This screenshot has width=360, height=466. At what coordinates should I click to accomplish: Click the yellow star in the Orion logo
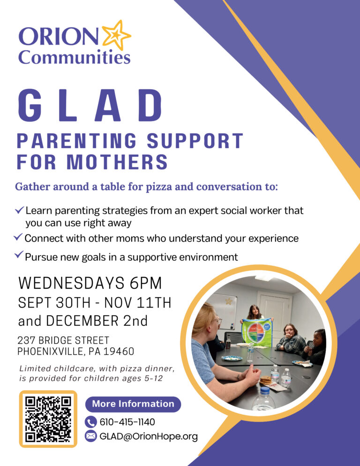tap(116, 35)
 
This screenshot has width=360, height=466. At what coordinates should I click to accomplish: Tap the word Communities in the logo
tap(75, 57)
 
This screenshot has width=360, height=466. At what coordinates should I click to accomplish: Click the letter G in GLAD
tap(30, 105)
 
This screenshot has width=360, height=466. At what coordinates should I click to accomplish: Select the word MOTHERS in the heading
tap(117, 162)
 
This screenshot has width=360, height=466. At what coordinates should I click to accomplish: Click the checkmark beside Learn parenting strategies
tap(19, 210)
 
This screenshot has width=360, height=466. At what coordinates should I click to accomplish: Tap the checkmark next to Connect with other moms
tap(18, 237)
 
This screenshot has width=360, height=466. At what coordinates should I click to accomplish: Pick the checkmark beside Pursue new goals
tap(19, 255)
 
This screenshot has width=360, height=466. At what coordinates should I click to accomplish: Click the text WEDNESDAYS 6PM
tap(90, 283)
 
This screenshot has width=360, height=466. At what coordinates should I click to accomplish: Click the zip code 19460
tap(119, 352)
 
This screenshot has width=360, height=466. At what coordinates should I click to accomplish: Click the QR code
tap(48, 419)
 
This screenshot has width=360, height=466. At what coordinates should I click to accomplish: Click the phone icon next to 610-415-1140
tap(91, 422)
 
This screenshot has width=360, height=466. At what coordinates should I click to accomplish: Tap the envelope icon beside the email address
tap(91, 436)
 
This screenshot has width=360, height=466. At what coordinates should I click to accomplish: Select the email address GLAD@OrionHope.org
tap(149, 436)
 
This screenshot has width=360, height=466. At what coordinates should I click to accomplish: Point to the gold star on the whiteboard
tap(229, 301)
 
